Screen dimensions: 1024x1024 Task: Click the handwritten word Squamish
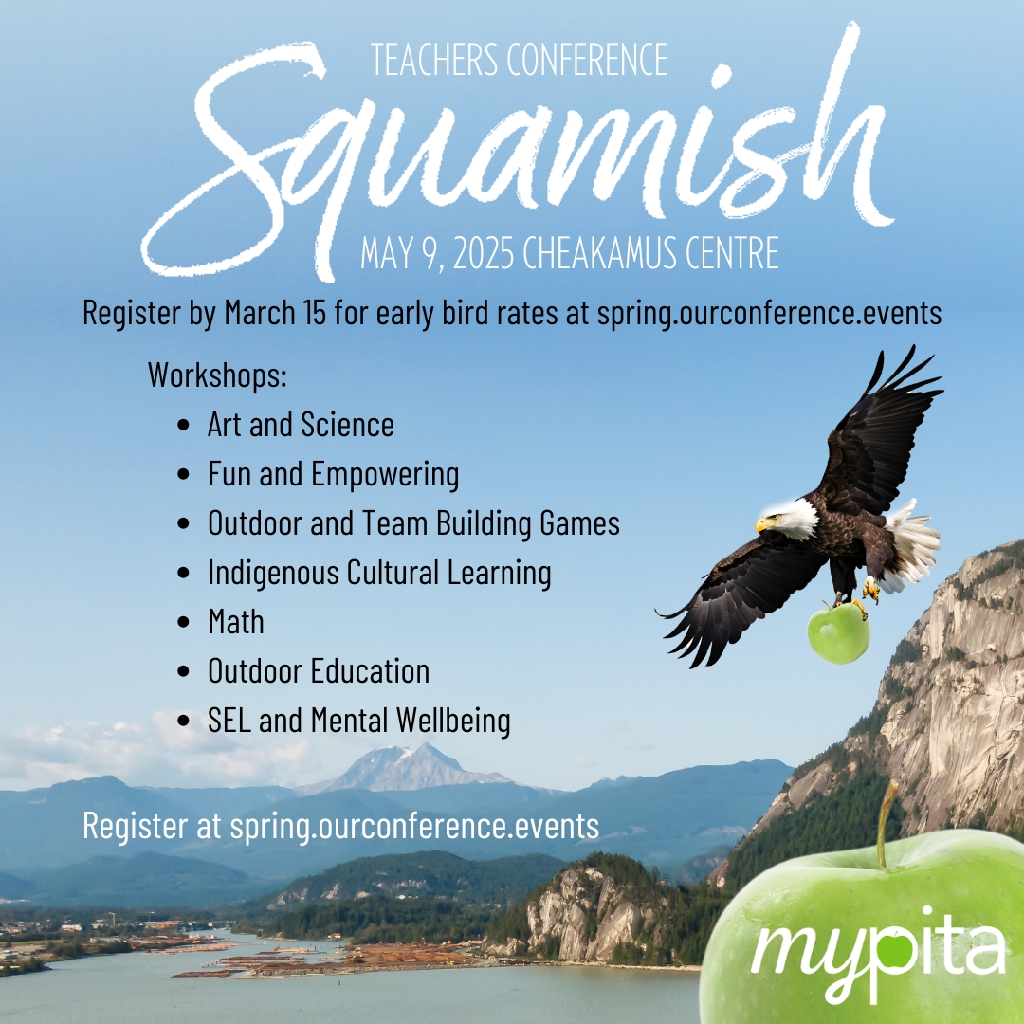tap(516, 156)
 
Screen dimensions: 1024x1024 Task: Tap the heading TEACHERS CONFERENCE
tap(520, 59)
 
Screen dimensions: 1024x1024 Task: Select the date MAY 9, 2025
tap(437, 253)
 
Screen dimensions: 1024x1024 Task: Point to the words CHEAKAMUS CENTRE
tap(651, 253)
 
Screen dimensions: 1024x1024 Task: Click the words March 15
tap(275, 312)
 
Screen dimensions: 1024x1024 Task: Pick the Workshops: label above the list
tap(217, 375)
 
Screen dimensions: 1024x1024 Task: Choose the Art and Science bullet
tap(302, 425)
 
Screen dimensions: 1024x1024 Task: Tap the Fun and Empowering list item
tap(333, 475)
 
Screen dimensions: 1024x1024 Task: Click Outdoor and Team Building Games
tap(413, 523)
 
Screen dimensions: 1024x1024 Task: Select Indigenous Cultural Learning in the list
tap(379, 573)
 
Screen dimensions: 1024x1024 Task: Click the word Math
tap(236, 622)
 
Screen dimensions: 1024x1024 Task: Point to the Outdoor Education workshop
tap(319, 670)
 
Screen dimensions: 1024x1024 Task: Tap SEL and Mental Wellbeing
tap(359, 721)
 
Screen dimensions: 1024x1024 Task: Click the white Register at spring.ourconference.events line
tap(341, 826)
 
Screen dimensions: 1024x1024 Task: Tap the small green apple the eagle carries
tap(838, 632)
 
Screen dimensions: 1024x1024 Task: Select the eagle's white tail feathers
tap(912, 544)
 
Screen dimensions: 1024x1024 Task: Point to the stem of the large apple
tap(886, 824)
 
